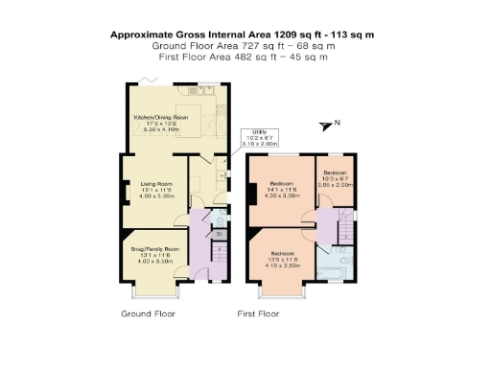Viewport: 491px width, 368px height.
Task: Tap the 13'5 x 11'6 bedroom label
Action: click(x=281, y=259)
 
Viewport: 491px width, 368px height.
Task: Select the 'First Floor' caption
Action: click(x=258, y=313)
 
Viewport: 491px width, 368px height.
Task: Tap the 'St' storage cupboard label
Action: click(x=220, y=233)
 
